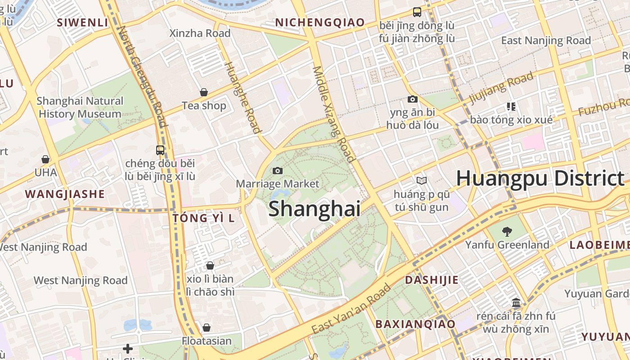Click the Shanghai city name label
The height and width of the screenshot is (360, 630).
coord(314,209)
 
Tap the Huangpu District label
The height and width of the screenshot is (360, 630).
coord(540,179)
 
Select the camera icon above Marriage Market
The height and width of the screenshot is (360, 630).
coord(278,171)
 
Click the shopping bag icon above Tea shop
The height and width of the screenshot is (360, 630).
coord(204,92)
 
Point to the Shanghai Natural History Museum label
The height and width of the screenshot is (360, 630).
coord(80,108)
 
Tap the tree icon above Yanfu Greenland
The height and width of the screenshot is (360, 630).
coord(507,232)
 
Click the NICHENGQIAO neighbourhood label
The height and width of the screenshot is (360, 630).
coord(319,22)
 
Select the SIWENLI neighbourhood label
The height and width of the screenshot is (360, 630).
coord(82,22)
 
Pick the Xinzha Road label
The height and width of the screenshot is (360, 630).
coord(200,33)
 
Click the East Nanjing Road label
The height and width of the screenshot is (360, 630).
coord(546,40)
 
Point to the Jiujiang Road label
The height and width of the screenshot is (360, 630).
coord(501,87)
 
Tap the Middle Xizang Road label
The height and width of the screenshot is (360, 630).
coord(334,113)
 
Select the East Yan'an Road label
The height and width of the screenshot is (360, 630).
coord(351,309)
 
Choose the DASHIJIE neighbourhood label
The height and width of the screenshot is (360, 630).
coord(432,280)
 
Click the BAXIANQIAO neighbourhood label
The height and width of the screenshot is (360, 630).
coord(415,324)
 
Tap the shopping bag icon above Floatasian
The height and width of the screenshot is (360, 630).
coord(207,328)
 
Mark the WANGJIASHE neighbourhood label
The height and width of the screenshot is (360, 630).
coord(65,194)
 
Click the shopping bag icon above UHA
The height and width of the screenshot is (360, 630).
coord(45,159)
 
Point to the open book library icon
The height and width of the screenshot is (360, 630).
coord(421,180)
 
